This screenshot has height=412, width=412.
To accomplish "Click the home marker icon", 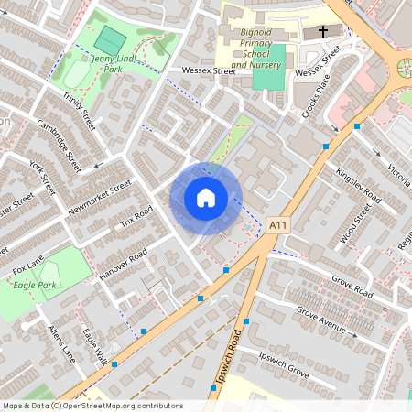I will point(206,198).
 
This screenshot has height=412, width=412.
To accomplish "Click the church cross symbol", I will point(322,32).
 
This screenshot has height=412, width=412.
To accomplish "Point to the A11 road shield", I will point(278,223).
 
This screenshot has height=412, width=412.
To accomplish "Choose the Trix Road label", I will point(136,216).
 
